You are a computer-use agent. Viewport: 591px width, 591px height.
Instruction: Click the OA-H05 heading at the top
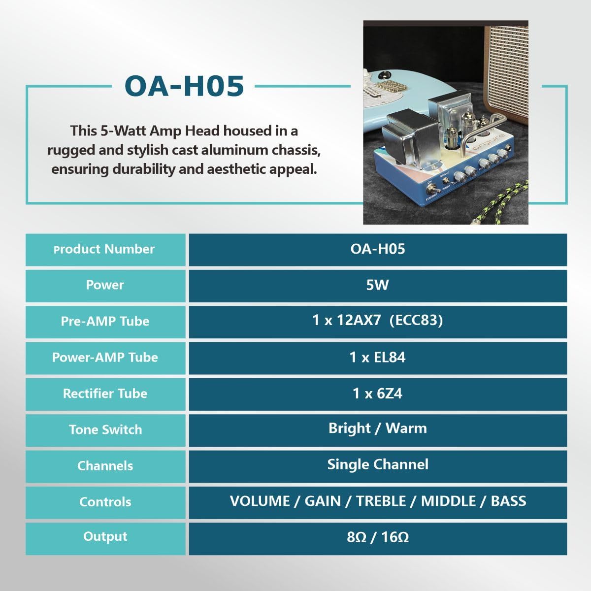coord(184,86)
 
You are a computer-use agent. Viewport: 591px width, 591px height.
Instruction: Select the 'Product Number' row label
coord(104,249)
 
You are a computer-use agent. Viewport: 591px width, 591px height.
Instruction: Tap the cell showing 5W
coord(378,285)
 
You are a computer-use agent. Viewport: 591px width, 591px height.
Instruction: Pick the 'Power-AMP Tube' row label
coord(105,357)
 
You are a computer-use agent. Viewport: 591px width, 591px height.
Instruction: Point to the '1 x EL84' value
coord(378,357)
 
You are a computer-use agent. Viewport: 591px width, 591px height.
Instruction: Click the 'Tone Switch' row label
coord(105,429)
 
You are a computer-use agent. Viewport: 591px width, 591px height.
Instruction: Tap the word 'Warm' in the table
coord(406,428)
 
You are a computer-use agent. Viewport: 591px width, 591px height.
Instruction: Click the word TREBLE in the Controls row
coord(381,501)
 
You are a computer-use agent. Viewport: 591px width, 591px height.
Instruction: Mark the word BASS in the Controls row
coord(508,501)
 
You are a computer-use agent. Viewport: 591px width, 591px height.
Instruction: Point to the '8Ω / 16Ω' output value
coord(378,537)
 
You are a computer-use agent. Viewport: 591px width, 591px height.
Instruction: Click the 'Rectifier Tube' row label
coord(105,394)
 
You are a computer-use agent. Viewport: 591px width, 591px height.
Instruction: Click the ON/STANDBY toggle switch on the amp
coord(433,191)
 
